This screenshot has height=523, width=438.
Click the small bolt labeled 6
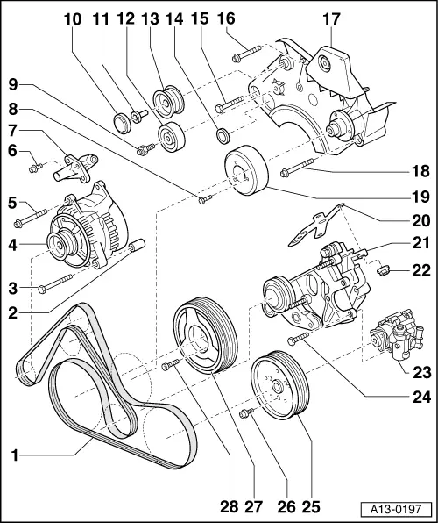34,166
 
